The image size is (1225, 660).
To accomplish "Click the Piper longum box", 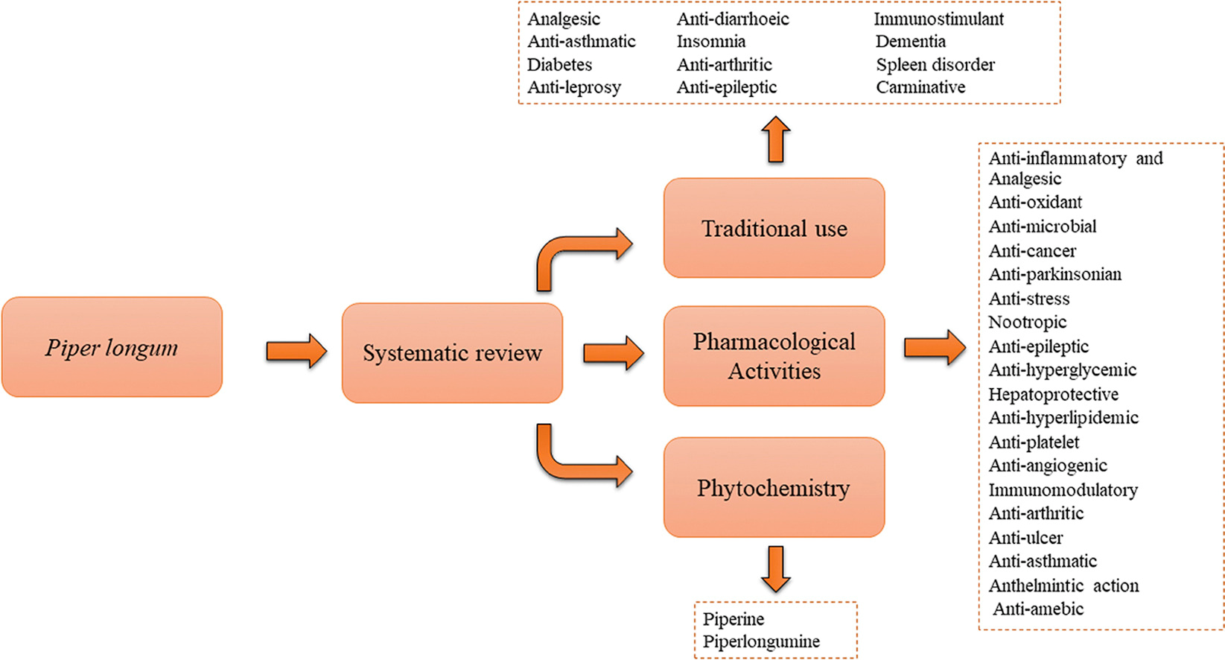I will click(112, 347).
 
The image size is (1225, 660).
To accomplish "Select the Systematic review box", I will click(452, 352).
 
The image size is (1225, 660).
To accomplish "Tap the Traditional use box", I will click(774, 228).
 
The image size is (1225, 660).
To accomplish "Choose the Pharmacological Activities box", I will click(774, 356).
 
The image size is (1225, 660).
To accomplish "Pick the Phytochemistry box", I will click(774, 487).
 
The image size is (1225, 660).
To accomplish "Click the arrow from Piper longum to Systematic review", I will click(296, 351).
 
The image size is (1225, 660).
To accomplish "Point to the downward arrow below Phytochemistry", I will click(776, 568).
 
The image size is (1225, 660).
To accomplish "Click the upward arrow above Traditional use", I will click(776, 139).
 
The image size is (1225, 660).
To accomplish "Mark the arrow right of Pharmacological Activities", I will click(935, 347).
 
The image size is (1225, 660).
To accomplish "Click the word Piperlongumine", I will click(761, 641).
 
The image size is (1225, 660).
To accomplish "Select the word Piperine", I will click(734, 619).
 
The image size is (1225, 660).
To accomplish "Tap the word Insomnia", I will click(711, 42).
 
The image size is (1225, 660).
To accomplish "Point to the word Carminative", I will click(920, 87).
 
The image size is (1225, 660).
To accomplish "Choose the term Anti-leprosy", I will click(574, 87).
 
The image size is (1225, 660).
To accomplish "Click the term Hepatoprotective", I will click(1053, 394).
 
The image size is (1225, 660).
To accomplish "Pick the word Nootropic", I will click(1027, 323).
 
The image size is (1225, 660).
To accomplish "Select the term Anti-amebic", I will click(1038, 609).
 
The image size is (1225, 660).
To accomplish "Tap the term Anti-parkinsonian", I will click(1054, 274).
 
